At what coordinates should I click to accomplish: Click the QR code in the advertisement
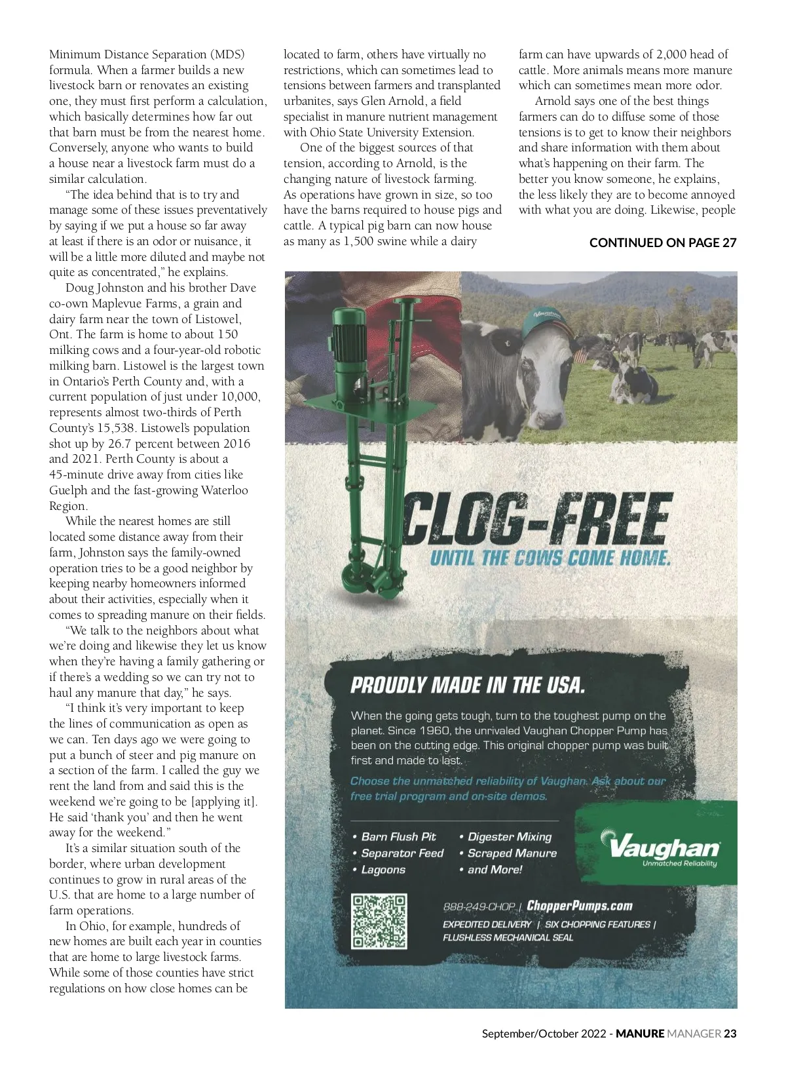pos(379,921)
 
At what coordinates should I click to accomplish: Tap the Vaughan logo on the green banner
pos(664,848)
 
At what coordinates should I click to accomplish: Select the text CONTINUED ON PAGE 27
pos(662,243)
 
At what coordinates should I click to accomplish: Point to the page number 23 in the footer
pos(730,1034)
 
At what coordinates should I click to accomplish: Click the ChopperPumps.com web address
pos(580,906)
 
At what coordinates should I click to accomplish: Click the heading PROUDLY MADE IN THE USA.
pos(468,686)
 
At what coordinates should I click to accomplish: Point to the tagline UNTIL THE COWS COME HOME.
pos(550,558)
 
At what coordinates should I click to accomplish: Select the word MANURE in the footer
pos(640,1034)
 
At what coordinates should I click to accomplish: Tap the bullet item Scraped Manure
pos(512,853)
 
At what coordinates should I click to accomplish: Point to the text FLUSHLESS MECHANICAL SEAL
pos(508,937)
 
